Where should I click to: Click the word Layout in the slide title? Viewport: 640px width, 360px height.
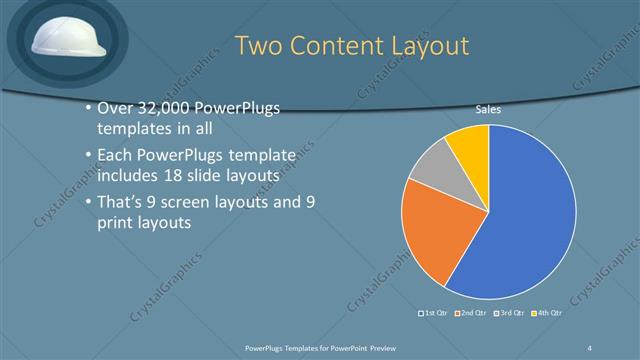coord(424,46)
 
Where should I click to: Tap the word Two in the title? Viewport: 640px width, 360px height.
coord(261,46)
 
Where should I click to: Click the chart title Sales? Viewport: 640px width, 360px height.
coord(488,110)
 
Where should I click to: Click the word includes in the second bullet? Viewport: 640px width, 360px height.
coord(126,176)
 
